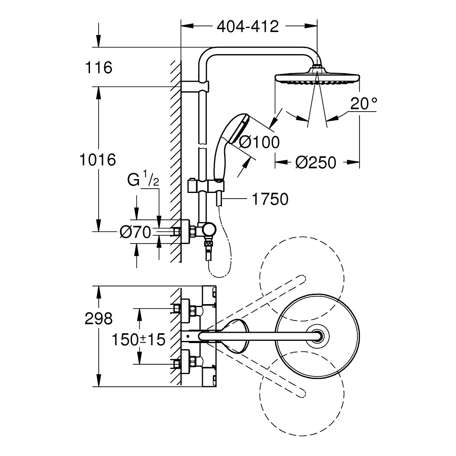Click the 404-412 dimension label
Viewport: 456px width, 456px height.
(x=247, y=27)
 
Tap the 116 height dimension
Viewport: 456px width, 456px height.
(x=99, y=67)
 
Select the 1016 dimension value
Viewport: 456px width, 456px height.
(x=98, y=160)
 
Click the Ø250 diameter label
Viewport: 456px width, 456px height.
(x=315, y=162)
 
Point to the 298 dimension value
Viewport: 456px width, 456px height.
(x=99, y=319)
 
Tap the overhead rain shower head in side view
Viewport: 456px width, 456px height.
(x=317, y=78)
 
